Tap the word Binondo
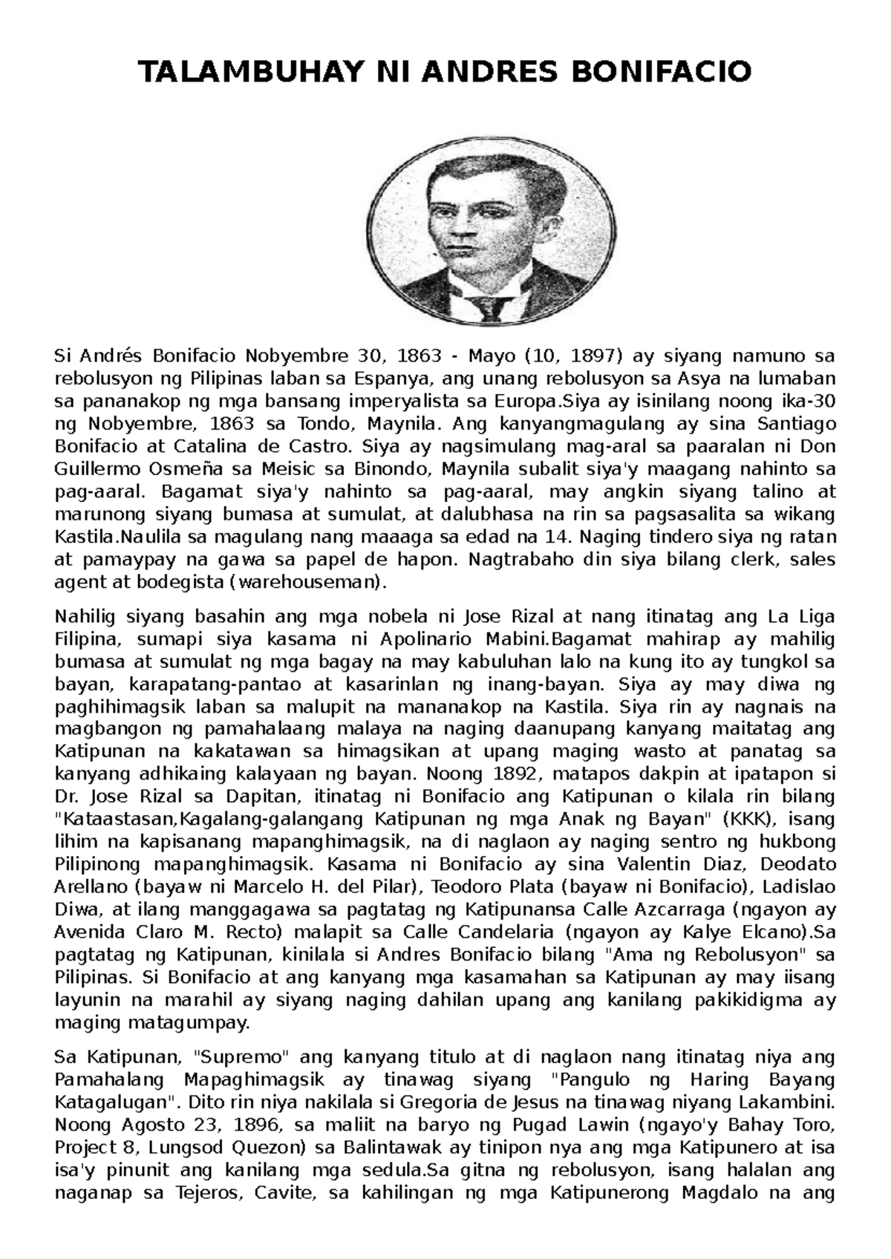[396, 469]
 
